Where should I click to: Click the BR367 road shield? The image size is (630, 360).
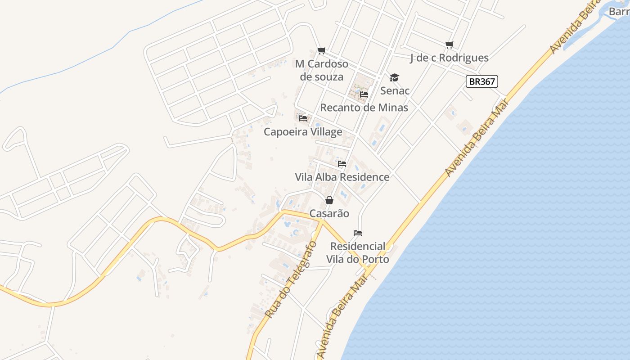[x=481, y=81]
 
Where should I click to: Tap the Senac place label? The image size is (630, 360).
[x=395, y=91]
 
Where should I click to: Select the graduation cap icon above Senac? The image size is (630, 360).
[x=394, y=78]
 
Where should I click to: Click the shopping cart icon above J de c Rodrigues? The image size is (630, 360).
[x=449, y=45]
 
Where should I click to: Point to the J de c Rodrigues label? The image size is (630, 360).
[x=449, y=58]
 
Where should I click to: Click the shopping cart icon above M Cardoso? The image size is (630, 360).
[x=321, y=51]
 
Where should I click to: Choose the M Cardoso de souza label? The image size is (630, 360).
[x=321, y=70]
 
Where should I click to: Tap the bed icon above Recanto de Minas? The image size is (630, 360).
[x=364, y=94]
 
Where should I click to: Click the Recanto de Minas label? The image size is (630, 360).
[x=364, y=108]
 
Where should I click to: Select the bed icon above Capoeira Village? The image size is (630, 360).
[x=303, y=118]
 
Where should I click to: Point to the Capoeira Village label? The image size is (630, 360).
[x=303, y=132]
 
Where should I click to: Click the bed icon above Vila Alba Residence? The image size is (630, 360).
[x=342, y=164]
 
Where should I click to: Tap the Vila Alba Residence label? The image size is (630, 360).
[x=342, y=177]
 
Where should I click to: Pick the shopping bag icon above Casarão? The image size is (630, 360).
[x=329, y=200]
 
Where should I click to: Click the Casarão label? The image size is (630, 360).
[x=329, y=213]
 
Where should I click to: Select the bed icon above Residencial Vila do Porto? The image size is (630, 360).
[x=358, y=233]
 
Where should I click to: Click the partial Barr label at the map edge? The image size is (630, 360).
[x=619, y=11]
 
